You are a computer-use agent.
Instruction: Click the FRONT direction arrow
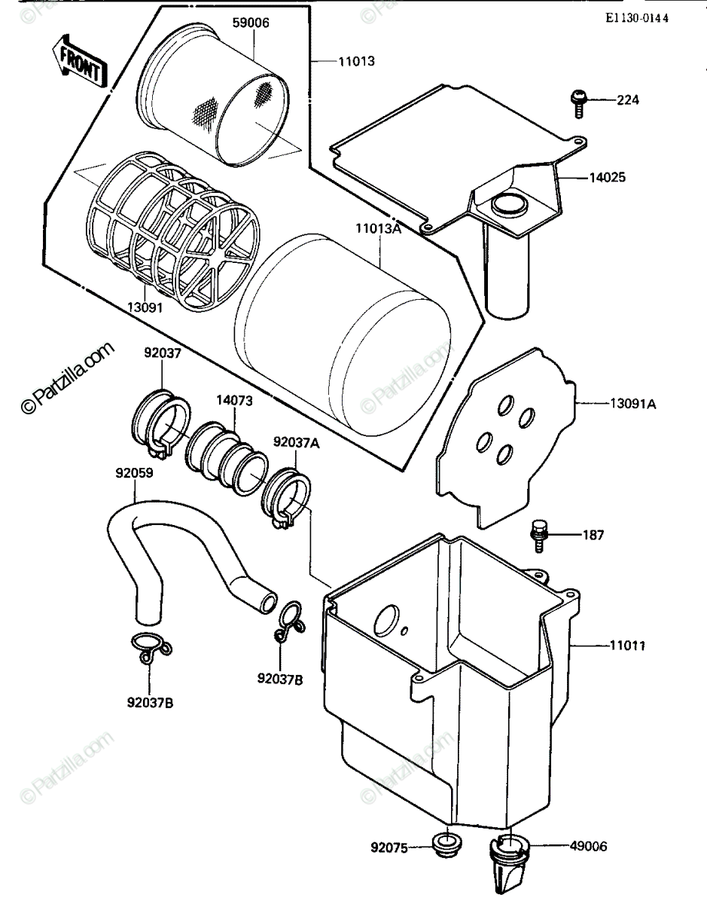80,62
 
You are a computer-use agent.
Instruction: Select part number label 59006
251,23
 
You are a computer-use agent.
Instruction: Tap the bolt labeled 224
577,103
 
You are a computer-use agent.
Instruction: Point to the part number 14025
608,178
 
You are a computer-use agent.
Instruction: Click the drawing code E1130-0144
637,18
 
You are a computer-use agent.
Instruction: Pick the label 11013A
378,228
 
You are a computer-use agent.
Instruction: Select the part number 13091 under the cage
145,308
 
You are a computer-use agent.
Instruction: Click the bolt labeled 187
538,536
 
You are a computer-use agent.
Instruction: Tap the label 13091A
633,404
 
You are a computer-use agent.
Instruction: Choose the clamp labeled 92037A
287,497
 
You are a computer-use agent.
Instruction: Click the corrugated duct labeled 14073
227,457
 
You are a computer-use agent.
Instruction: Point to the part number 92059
134,473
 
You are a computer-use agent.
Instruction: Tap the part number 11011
627,646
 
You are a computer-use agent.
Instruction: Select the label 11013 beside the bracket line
357,62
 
